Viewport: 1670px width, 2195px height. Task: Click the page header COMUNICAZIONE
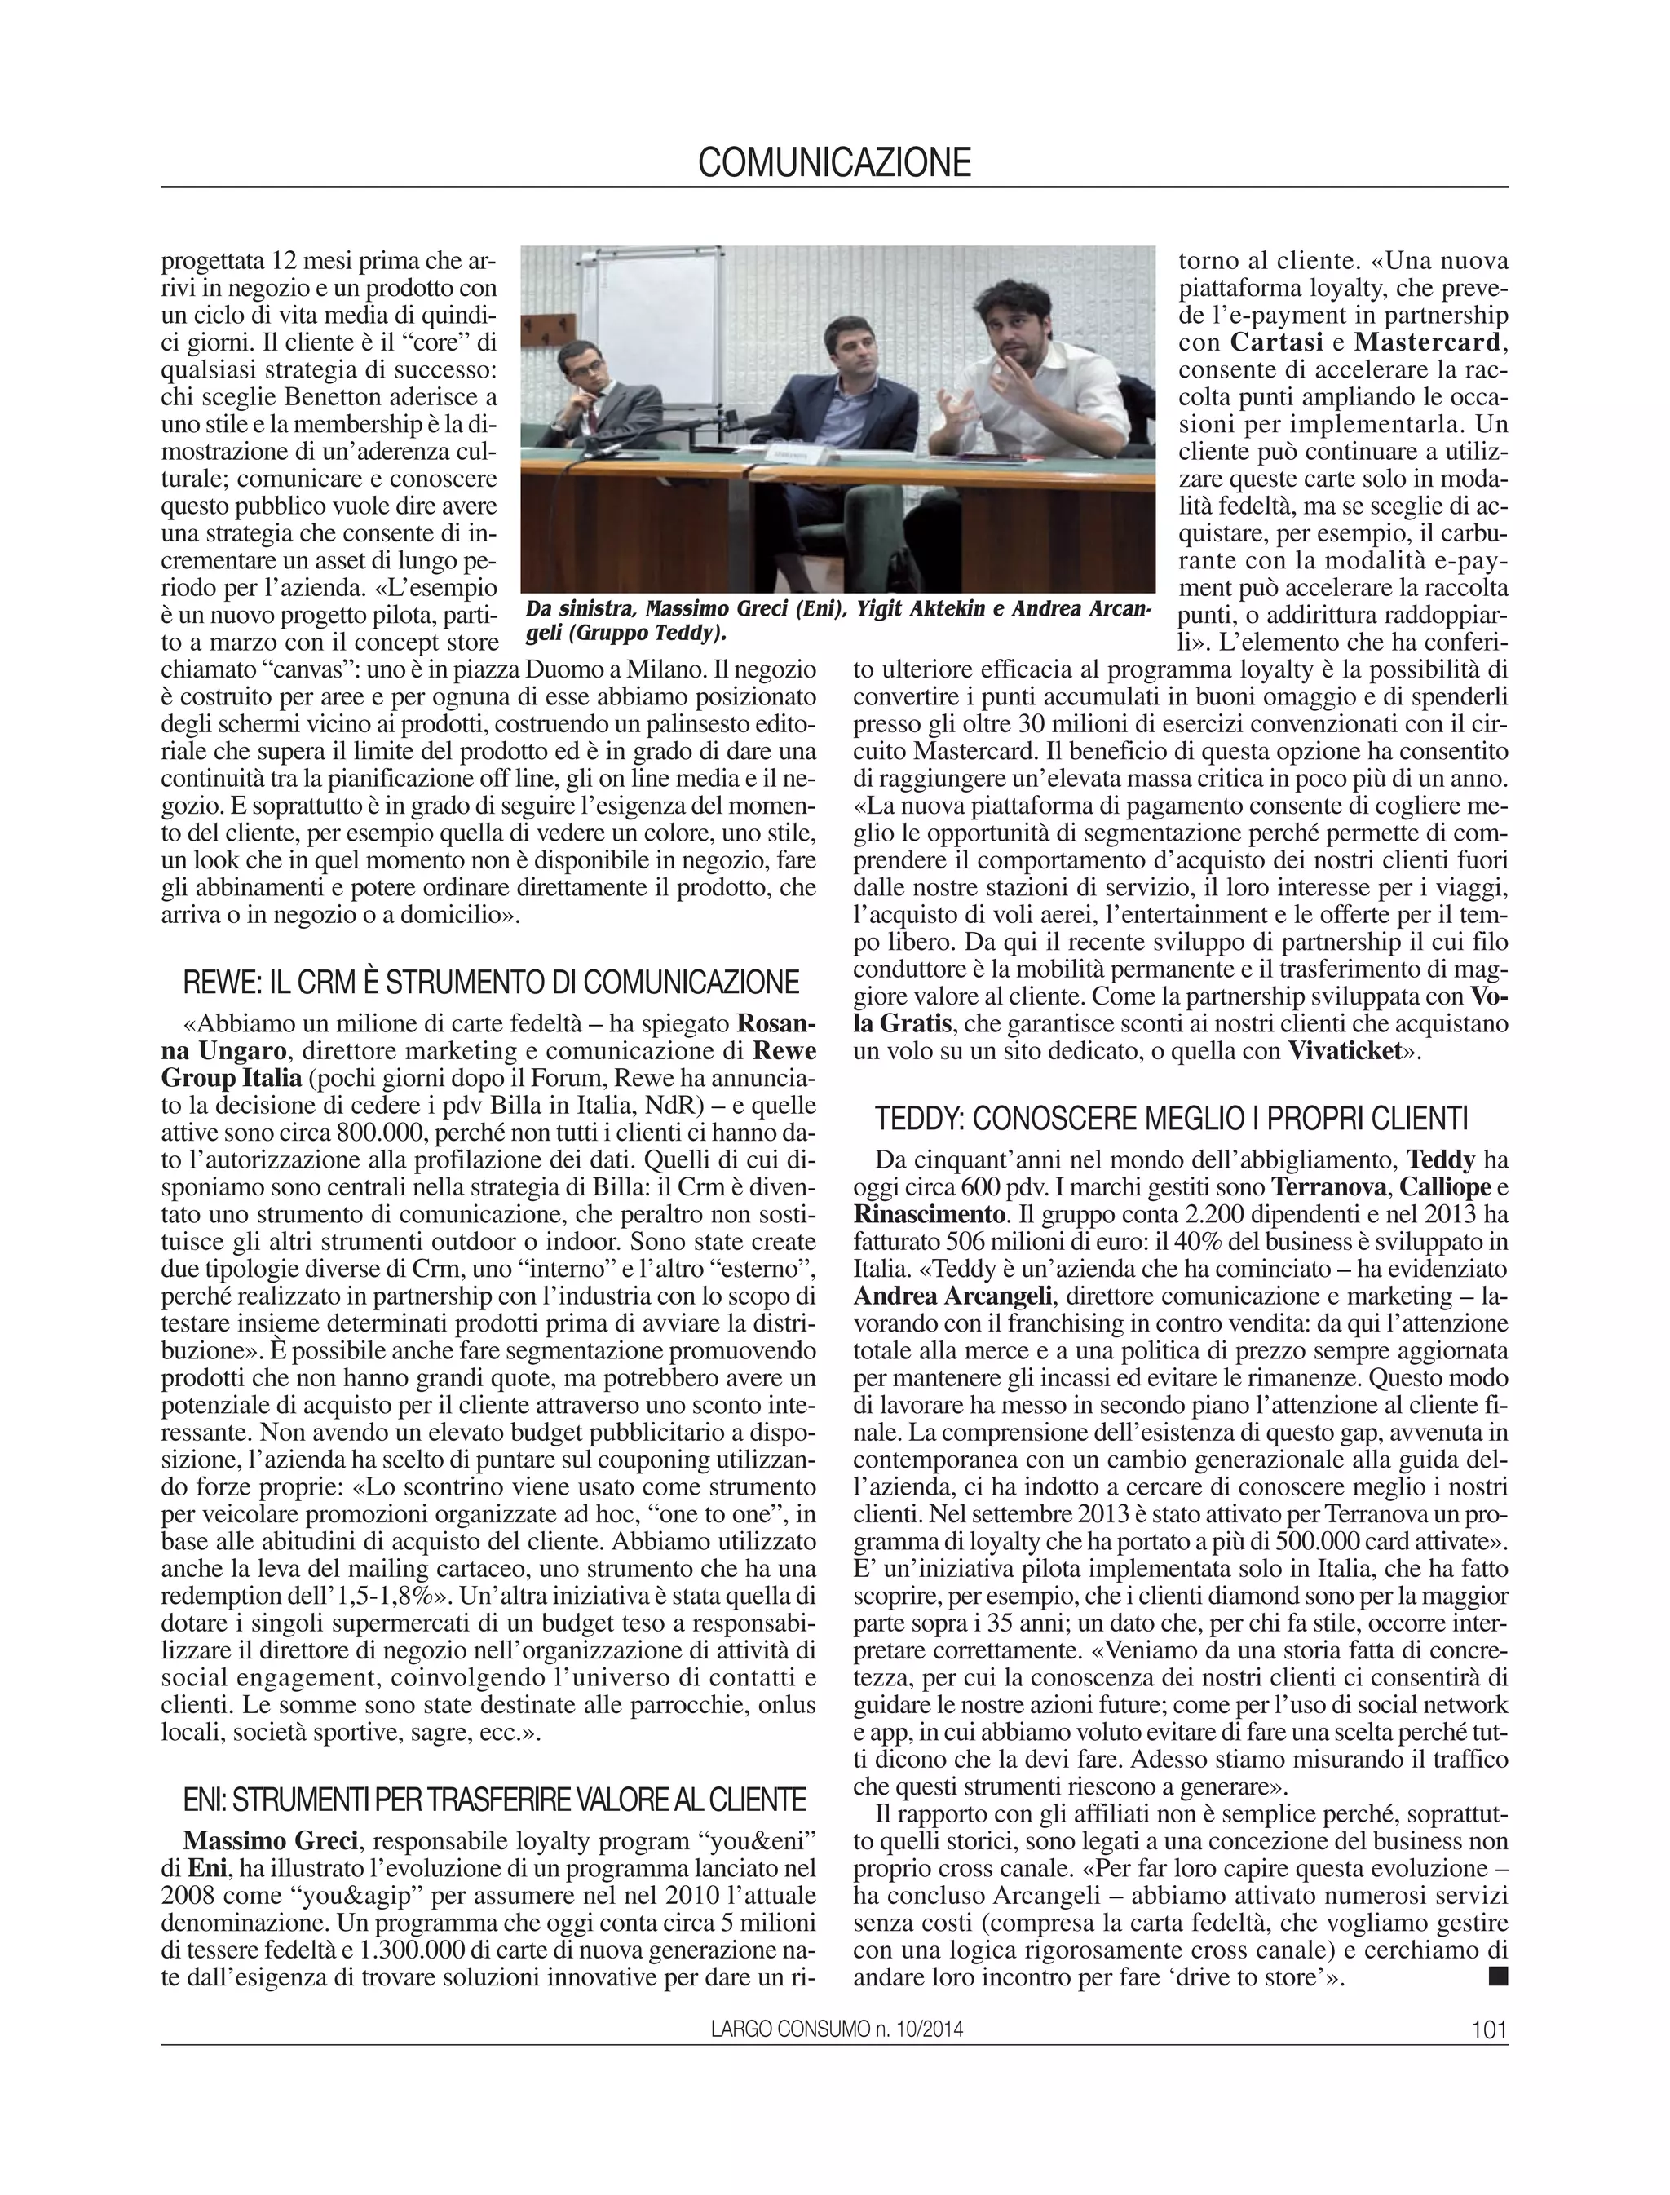click(834, 162)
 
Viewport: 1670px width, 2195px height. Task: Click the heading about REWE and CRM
click(491, 983)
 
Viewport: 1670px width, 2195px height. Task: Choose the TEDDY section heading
click(1171, 1120)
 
